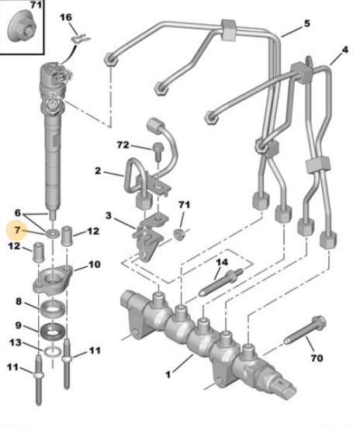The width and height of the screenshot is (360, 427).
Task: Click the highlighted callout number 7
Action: click(x=17, y=230)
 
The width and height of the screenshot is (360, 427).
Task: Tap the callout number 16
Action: click(x=66, y=17)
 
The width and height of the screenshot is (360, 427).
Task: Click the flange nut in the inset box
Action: click(x=22, y=26)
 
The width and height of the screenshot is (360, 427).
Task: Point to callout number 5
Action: click(x=306, y=23)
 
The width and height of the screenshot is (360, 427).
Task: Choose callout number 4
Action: click(x=344, y=50)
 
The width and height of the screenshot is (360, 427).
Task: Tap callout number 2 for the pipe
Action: click(x=98, y=171)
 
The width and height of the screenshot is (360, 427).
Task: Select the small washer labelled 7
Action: click(x=53, y=234)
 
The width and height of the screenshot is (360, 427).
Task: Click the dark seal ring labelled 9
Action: click(x=53, y=331)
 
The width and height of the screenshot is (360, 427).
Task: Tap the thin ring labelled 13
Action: click(x=53, y=352)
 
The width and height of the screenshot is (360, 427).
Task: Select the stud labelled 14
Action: click(x=220, y=283)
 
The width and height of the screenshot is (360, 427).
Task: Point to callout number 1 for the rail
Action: click(x=168, y=375)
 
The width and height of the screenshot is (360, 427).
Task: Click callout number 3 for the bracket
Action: click(x=109, y=216)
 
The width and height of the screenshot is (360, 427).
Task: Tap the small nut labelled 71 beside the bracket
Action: click(x=179, y=234)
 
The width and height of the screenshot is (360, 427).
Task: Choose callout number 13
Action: click(x=16, y=342)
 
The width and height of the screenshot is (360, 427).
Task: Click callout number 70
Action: click(x=317, y=358)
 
